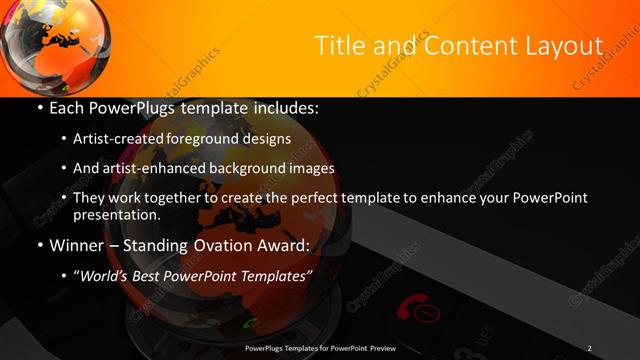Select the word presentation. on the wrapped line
[x=116, y=214]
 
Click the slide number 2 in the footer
[x=589, y=348]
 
